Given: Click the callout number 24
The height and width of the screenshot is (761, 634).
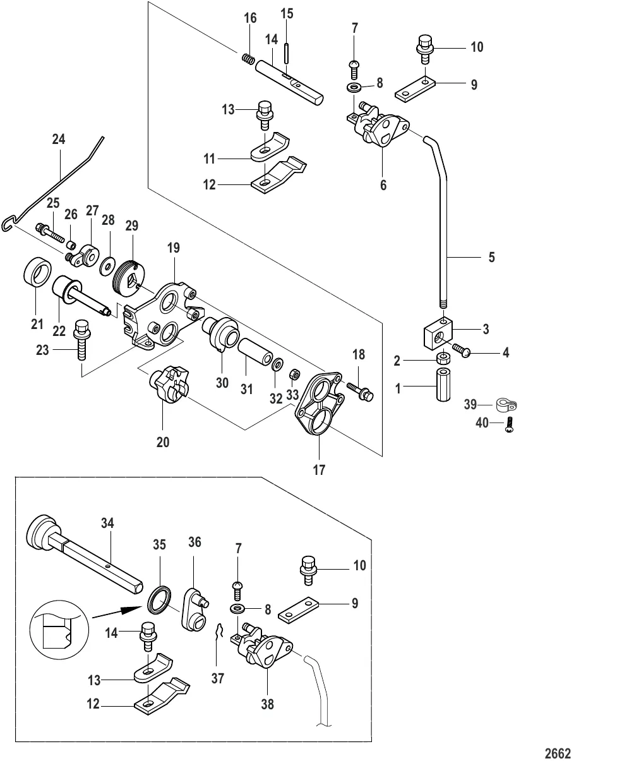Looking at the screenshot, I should [58, 139].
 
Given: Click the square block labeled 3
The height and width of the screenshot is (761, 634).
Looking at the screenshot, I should [436, 332].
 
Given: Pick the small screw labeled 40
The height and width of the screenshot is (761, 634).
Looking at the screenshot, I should [510, 428].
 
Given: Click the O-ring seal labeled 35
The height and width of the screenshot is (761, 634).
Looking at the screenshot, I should [160, 598].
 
